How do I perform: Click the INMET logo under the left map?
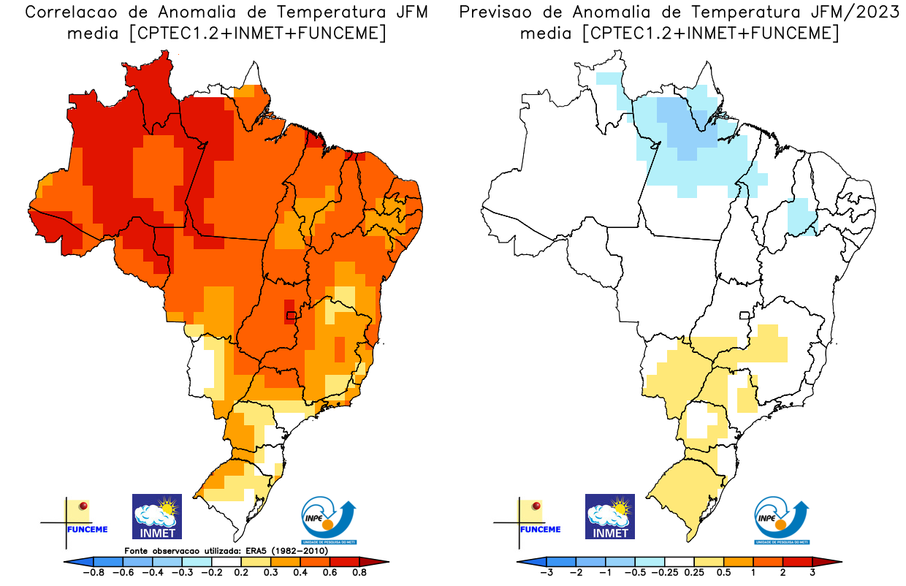[156, 517]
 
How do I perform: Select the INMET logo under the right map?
[610, 517]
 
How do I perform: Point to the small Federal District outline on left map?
[292, 316]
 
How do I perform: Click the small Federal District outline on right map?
[745, 316]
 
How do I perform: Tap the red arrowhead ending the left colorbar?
[379, 562]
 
